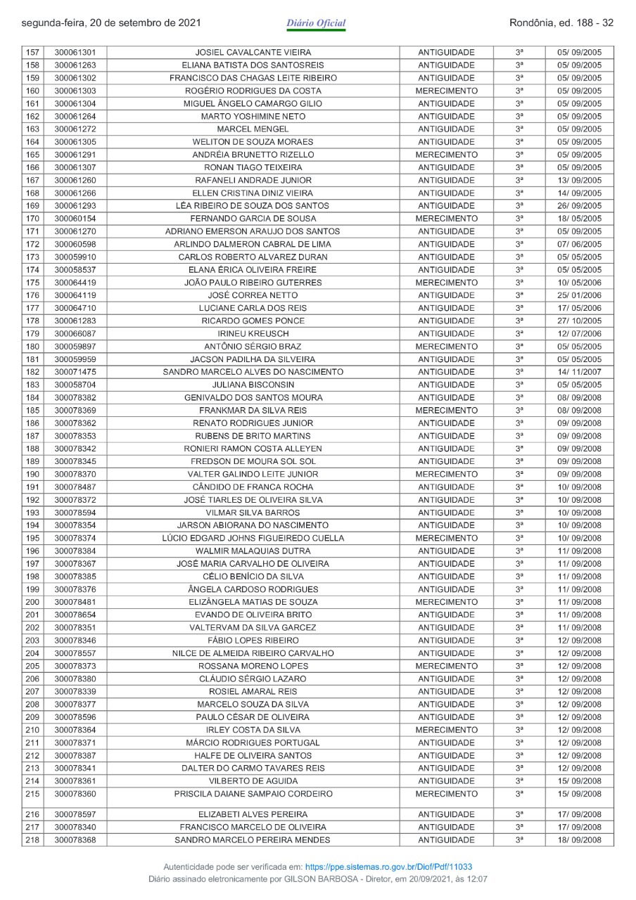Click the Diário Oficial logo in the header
316,24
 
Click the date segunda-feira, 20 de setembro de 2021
112,23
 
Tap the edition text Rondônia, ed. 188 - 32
561,23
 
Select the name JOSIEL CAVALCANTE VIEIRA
253,53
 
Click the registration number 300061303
75,91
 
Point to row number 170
32,219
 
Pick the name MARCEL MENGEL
253,129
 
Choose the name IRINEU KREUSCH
253,334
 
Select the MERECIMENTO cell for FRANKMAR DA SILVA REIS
446,411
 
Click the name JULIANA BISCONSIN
253,385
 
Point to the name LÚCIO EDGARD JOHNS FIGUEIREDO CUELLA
253,539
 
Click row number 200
32,603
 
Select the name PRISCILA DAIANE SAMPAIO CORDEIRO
253,795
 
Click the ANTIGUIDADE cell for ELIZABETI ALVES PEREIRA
446,814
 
